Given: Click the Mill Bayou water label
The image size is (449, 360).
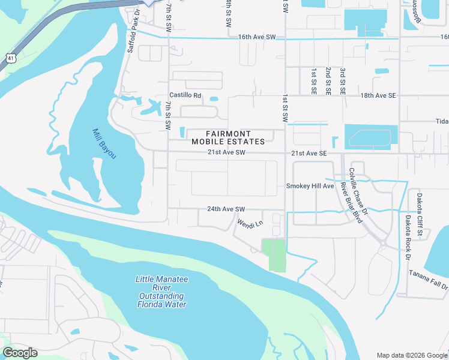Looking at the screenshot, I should pos(104,144).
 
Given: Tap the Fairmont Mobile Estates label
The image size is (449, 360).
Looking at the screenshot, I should pos(228,137).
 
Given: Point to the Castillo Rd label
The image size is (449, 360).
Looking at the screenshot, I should pos(185,95).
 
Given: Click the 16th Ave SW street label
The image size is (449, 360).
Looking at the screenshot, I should pos(256,37).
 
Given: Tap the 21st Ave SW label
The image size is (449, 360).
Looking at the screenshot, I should pos(227,153).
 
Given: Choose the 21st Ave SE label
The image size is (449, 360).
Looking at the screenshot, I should pos(309,154).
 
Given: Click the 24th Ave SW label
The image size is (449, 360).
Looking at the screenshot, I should pos(226,209).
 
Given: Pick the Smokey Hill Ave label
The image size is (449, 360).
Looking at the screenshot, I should pos(309,186).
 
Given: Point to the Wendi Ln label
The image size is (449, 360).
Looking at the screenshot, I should pos(250,224).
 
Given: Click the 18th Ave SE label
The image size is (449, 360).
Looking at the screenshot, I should pos(378,95).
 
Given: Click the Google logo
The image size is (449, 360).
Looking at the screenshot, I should pos(20,353).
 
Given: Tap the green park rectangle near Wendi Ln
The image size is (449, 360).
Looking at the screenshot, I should pos(274,254).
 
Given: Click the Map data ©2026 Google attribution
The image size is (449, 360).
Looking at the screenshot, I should pos(412,355).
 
